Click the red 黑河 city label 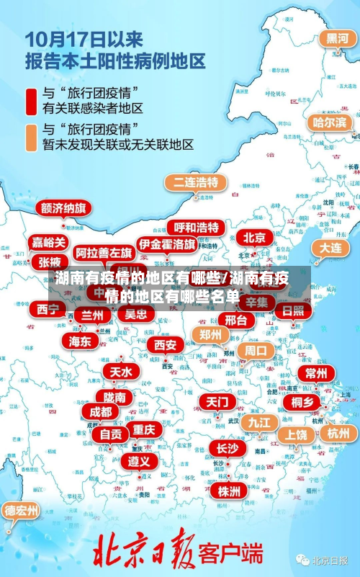[337, 38]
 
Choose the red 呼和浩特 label [197, 228]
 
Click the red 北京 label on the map [254, 238]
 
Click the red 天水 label [120, 372]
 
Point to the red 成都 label [101, 412]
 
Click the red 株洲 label [230, 491]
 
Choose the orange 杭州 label [338, 433]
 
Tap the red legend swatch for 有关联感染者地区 [32, 101]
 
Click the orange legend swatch [32, 137]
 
